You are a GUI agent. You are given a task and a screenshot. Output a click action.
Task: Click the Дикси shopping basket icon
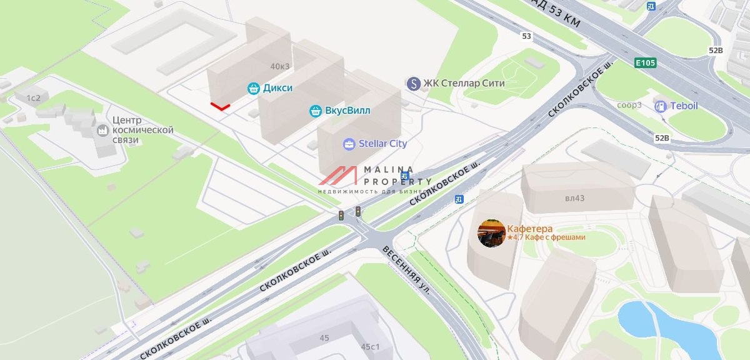click(253, 88)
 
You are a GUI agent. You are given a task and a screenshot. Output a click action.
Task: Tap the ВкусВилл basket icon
click(316, 111)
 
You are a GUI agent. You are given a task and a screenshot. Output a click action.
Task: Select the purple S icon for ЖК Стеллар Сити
click(412, 83)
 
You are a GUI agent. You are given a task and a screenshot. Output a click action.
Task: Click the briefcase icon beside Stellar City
click(349, 144)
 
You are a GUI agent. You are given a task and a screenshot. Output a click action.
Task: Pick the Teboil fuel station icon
click(660, 106)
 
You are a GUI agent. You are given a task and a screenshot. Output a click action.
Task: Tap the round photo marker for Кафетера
click(491, 233)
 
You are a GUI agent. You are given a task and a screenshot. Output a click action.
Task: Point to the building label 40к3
click(281, 66)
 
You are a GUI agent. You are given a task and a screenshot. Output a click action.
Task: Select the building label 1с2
click(32, 97)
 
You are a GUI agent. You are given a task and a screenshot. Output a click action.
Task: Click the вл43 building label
click(574, 198)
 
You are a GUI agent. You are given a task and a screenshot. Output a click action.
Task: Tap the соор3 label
click(629, 104)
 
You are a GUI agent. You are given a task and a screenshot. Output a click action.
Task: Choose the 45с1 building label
click(370, 346)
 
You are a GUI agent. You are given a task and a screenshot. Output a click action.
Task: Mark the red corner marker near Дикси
click(219, 107)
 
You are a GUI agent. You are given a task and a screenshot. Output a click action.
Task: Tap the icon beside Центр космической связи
click(102, 131)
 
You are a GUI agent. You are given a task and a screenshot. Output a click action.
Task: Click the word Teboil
click(684, 106)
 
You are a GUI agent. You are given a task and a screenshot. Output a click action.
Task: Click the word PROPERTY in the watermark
click(400, 181)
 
